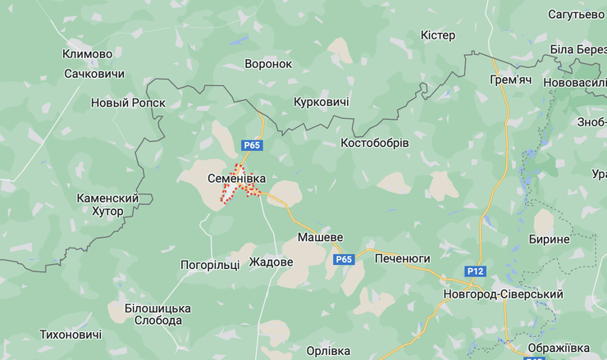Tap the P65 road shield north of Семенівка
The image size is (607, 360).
[x=253, y=145]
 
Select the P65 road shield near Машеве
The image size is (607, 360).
[x=344, y=259]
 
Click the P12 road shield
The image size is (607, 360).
[x=475, y=271]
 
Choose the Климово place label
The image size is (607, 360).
[x=87, y=54]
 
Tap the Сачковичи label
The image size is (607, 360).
[x=94, y=74]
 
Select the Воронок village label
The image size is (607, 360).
[x=268, y=63]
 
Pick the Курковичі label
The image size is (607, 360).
[x=322, y=102]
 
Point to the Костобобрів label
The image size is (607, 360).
[x=375, y=143]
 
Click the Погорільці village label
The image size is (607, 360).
[x=210, y=265]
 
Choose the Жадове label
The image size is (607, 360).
[x=271, y=262]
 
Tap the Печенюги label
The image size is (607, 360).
[x=402, y=258]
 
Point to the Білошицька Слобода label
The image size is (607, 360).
[x=147, y=313]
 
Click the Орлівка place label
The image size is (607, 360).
[x=328, y=350]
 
